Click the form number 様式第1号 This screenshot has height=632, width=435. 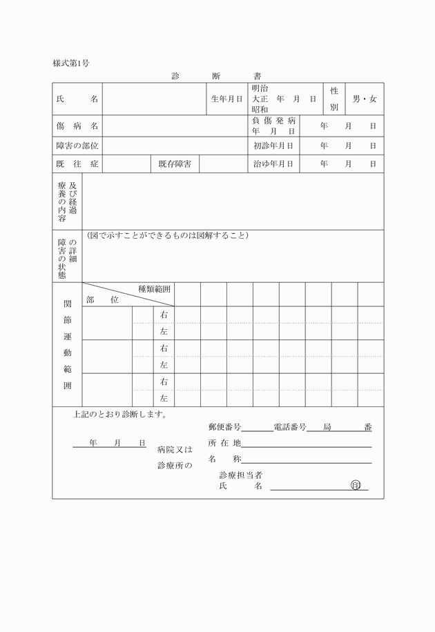click(x=71, y=63)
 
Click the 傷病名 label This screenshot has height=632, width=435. click(x=77, y=126)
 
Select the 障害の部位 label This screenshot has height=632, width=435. click(x=77, y=146)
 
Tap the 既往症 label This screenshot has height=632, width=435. click(x=77, y=164)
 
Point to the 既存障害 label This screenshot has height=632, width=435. click(x=175, y=164)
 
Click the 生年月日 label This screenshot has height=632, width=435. click(x=226, y=99)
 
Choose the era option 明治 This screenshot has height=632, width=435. click(x=260, y=89)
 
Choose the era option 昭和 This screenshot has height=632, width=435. click(x=260, y=110)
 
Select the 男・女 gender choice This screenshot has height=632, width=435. click(x=365, y=99)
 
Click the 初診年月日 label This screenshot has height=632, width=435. click(x=273, y=146)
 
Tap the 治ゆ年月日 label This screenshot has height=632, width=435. click(x=273, y=164)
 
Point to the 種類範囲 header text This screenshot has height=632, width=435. click(x=154, y=289)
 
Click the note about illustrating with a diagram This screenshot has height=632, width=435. click(x=168, y=236)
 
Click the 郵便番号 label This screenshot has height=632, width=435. click(x=224, y=428)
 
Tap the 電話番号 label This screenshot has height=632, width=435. click(x=290, y=428)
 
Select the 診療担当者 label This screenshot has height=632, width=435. click(x=240, y=475)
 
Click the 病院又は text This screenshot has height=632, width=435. click(x=175, y=449)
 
